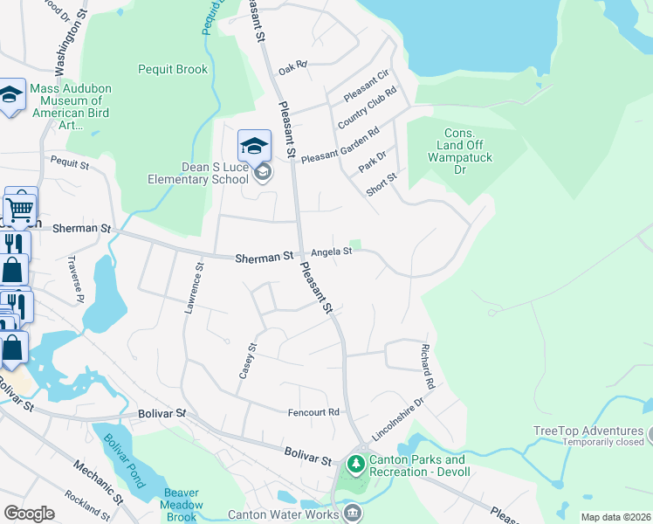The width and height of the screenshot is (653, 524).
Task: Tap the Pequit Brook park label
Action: coord(173,70)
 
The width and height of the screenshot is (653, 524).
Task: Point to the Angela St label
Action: coord(332,252)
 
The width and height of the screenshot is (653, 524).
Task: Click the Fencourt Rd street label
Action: coord(313,411)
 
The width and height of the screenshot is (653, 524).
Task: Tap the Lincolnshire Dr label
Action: coord(397,417)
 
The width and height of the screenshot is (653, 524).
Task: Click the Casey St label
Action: coord(248,360)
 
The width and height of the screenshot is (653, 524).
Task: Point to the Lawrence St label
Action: coord(193,288)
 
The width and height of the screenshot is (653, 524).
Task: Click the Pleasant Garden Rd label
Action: coord(340,146)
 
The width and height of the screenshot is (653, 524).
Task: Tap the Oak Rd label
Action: coord(293,65)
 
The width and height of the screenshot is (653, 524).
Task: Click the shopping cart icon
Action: coord(21,207)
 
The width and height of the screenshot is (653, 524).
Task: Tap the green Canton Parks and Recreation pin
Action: coord(356,461)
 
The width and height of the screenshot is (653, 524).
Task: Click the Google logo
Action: coord(30,514)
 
